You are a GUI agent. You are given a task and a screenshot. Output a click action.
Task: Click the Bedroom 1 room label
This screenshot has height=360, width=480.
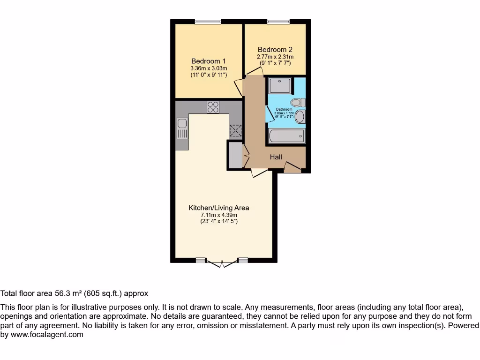209,61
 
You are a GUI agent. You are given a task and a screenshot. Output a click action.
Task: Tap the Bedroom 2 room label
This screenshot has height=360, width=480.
275,50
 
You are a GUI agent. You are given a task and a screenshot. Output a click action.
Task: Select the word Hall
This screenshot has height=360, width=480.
276,157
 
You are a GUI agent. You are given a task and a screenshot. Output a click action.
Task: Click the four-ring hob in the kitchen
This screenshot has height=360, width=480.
213,107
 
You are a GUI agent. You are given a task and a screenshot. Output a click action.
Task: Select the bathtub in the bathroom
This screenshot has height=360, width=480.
286,136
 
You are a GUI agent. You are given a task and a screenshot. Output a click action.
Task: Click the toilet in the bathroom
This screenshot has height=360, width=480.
297,102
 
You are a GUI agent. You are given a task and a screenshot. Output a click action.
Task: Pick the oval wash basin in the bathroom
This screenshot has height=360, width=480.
300,117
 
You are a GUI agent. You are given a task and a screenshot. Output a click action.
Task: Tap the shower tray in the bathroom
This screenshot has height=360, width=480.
280,86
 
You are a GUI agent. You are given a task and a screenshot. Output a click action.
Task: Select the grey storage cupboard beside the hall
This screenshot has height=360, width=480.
234,155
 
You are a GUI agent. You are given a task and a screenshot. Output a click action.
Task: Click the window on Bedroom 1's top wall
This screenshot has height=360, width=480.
208,21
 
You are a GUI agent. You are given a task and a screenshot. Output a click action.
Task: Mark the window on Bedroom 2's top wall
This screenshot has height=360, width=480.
278,21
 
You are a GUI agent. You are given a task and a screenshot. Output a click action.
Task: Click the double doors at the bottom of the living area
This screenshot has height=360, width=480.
222,263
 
